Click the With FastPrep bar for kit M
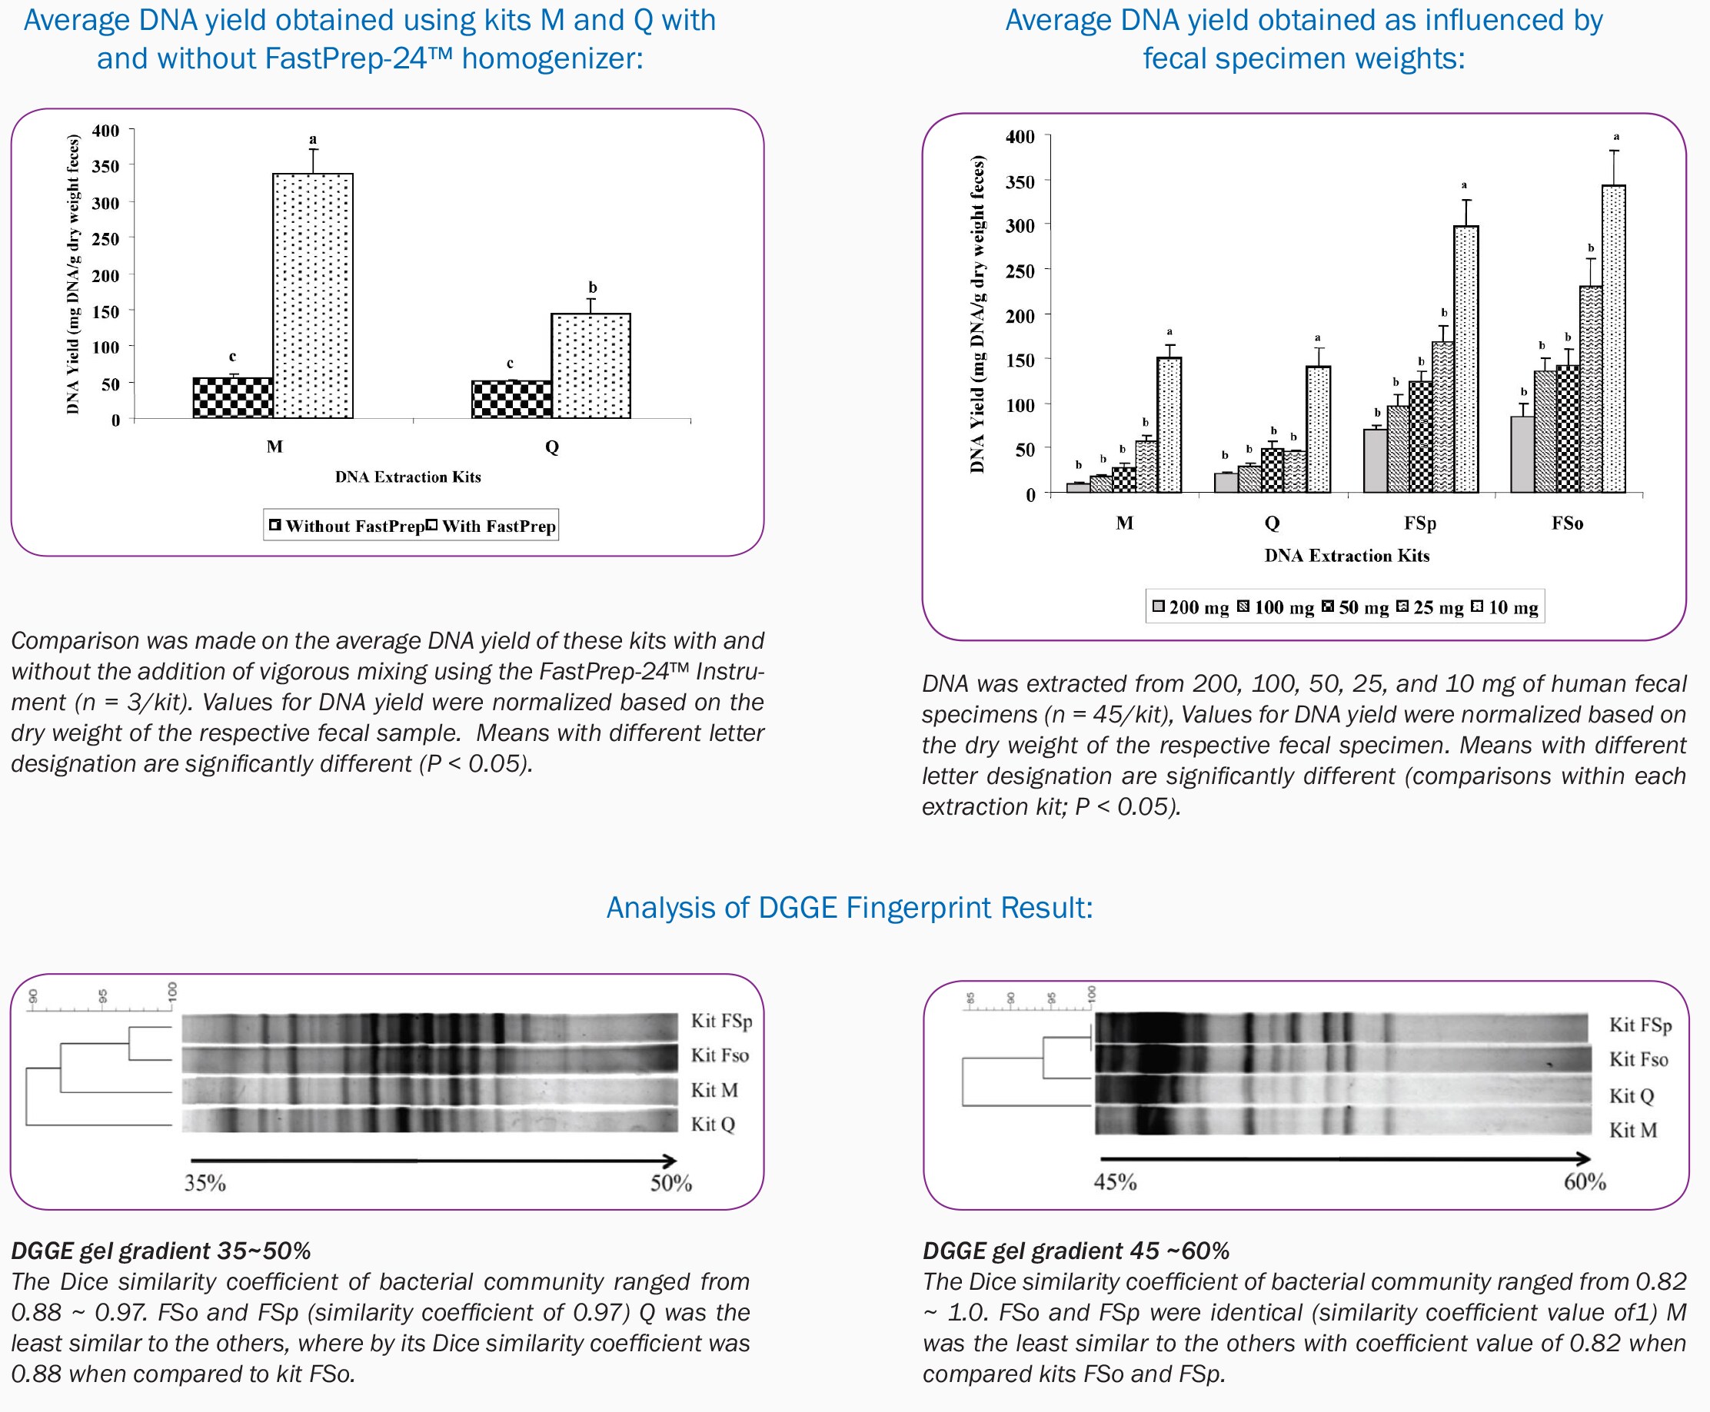(x=312, y=296)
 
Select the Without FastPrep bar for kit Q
(x=511, y=400)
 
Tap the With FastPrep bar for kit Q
(x=591, y=366)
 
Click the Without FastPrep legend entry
(x=347, y=527)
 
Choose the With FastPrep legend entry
(x=492, y=527)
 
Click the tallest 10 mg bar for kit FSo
(x=1613, y=338)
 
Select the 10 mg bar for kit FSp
(x=1465, y=359)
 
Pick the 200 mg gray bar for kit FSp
(x=1375, y=460)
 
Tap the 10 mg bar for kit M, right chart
(x=1169, y=424)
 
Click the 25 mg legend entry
(x=1429, y=607)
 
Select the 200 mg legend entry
(x=1190, y=607)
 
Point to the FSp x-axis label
(x=1419, y=523)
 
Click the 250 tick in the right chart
(x=1020, y=271)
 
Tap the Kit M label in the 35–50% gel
(x=714, y=1090)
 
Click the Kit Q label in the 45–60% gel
(x=1631, y=1095)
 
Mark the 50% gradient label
(x=670, y=1183)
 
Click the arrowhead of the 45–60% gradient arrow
(x=1582, y=1159)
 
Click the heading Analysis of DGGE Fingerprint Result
(x=850, y=908)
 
